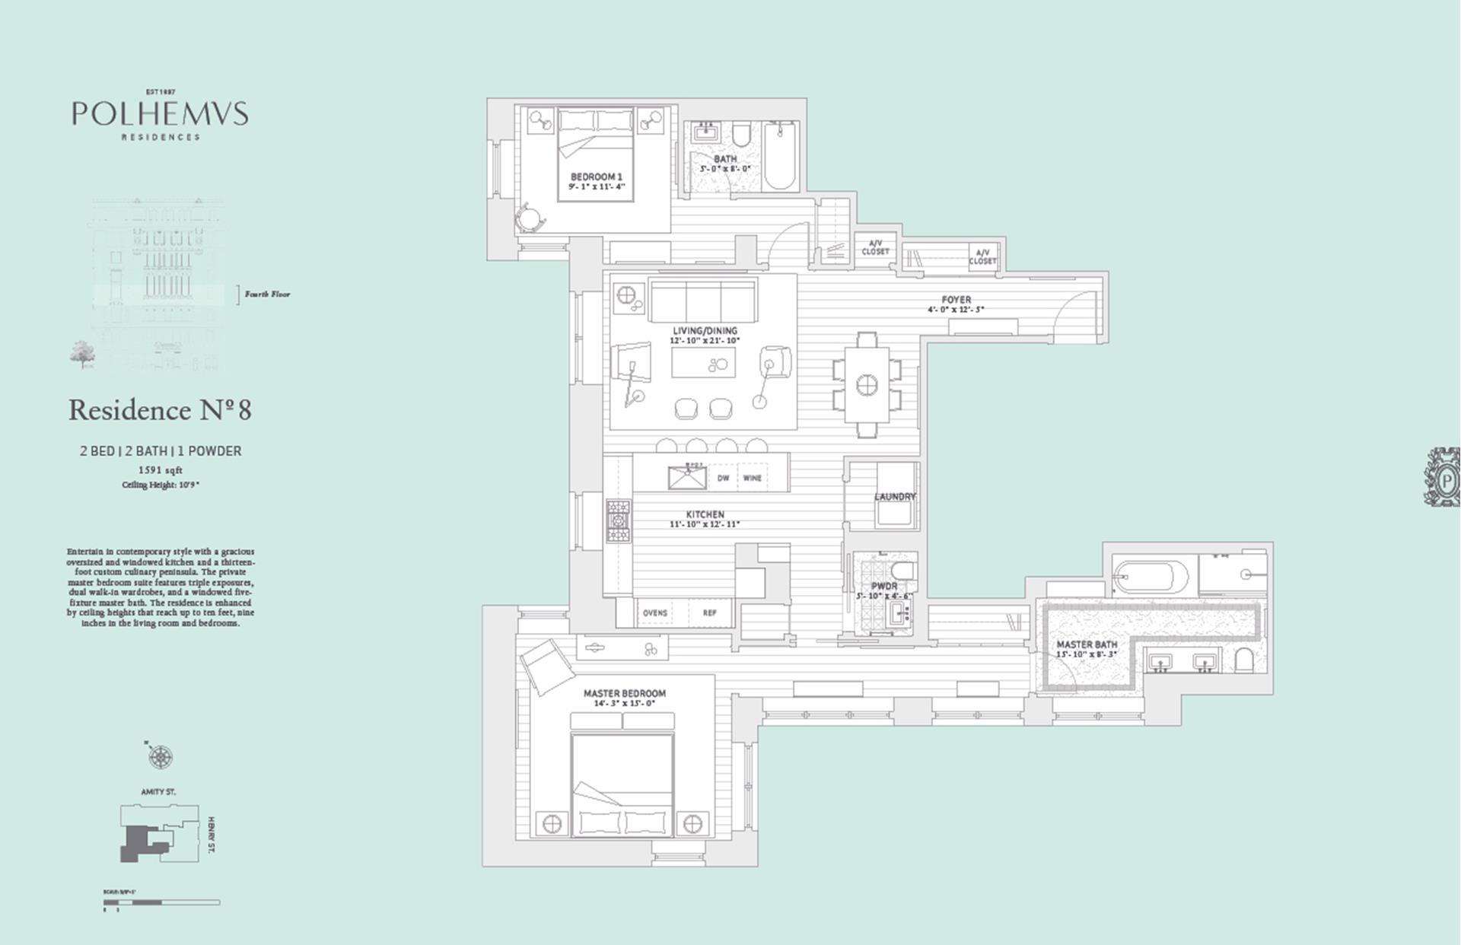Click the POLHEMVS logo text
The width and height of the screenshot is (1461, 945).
[x=160, y=114]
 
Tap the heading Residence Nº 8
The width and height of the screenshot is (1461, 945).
[x=160, y=410]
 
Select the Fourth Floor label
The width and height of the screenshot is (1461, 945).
[x=267, y=294]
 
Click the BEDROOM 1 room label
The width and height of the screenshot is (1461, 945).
[x=597, y=177]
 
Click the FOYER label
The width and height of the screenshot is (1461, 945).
[x=956, y=300]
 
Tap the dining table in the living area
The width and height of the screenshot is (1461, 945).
[x=867, y=385]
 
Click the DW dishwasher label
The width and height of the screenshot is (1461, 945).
[x=723, y=478]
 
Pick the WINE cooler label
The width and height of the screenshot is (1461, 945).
[x=752, y=478]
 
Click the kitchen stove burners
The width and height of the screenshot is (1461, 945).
[x=618, y=520]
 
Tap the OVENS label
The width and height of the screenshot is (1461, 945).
[x=655, y=612]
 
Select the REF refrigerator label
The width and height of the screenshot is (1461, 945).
[x=709, y=612]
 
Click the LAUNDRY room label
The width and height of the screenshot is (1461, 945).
[x=895, y=497]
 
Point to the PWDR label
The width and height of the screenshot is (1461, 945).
[x=884, y=587]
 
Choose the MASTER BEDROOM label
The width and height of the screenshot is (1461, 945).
[x=624, y=693]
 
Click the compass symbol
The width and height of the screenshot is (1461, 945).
[x=160, y=757]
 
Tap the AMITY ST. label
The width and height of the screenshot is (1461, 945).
[x=158, y=792]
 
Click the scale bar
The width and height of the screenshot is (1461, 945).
[x=161, y=902]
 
